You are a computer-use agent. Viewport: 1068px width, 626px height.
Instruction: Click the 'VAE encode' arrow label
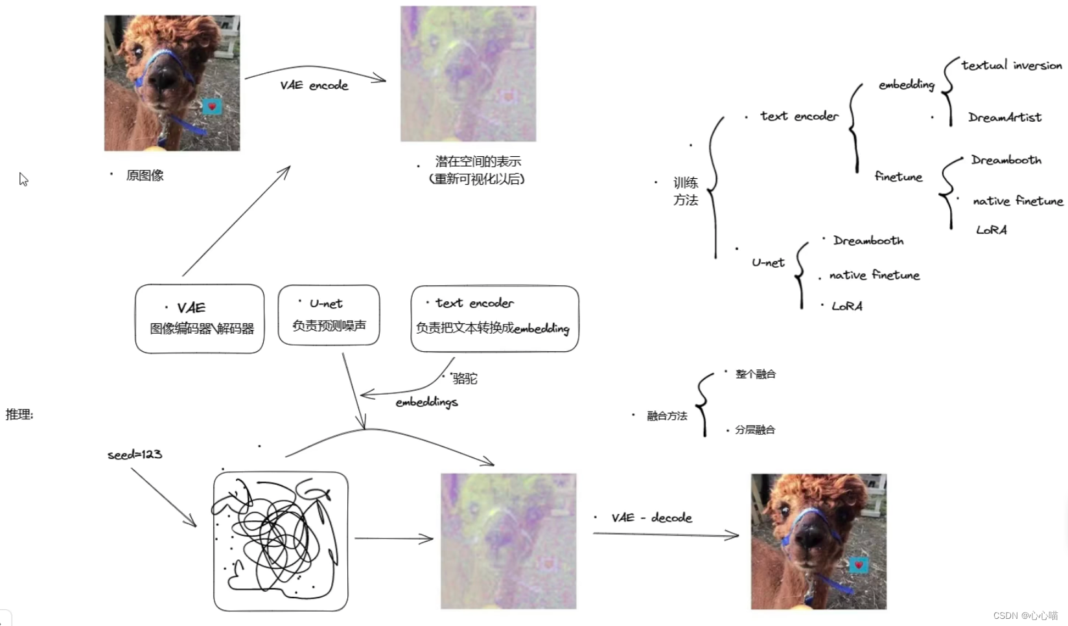314,86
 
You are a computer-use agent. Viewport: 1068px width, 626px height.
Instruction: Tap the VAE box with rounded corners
200,319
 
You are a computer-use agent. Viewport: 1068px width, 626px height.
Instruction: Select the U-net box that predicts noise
329,315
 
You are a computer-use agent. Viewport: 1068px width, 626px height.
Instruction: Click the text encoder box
494,319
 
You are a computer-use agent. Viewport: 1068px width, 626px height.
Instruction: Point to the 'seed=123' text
135,454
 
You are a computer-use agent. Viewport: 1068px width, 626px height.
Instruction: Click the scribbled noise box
281,541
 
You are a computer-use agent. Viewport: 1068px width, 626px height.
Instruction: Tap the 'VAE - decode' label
651,518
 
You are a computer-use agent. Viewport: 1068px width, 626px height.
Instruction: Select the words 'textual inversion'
1011,65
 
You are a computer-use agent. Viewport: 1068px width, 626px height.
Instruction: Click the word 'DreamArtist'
1004,117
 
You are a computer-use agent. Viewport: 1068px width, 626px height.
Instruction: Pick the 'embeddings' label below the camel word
426,402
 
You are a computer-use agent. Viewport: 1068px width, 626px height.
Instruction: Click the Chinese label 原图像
145,176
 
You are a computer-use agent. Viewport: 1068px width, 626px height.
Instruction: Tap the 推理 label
19,415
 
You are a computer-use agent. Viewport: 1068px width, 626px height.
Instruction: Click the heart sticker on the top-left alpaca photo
211,107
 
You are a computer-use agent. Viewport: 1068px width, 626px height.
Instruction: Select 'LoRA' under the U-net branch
847,306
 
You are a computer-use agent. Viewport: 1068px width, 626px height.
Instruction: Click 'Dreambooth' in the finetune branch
1006,160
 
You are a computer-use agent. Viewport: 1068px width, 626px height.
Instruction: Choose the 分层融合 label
755,430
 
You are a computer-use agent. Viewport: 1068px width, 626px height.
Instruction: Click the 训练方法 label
685,191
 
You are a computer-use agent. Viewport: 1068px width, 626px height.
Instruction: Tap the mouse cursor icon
23,180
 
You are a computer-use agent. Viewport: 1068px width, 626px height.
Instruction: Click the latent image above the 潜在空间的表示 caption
468,74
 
